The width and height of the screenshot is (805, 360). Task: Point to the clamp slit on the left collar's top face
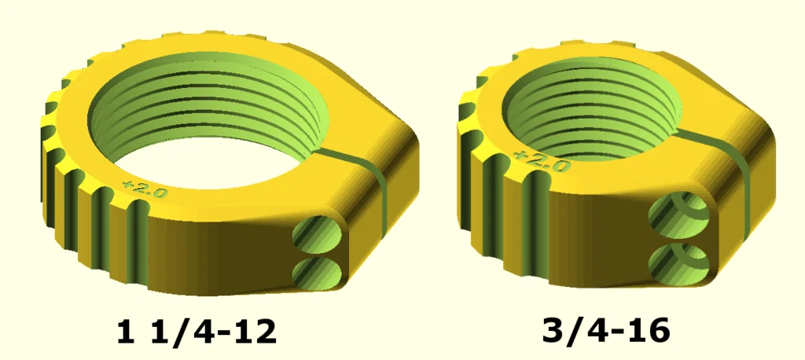[354, 152]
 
